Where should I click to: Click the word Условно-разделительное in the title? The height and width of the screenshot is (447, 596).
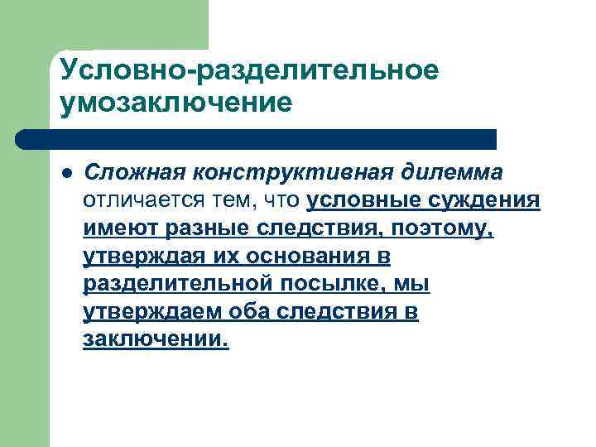[x=248, y=70]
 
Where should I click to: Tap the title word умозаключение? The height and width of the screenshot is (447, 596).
[x=176, y=104]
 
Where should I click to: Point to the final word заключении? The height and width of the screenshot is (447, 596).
[x=155, y=340]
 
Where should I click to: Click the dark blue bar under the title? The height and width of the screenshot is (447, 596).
[x=257, y=139]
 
